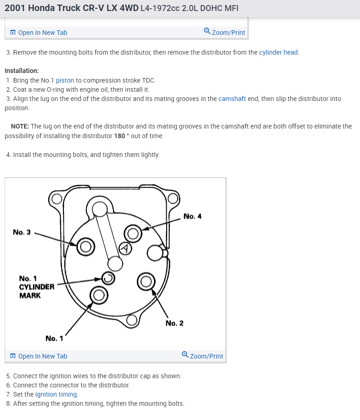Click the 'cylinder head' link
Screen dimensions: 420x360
(x=278, y=52)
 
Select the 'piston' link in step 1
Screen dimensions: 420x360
(x=65, y=80)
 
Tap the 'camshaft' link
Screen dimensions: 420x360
(x=232, y=99)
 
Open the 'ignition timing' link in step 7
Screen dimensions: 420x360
(x=56, y=394)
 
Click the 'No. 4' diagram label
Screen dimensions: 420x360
(x=192, y=216)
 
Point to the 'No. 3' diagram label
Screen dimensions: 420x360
(x=22, y=232)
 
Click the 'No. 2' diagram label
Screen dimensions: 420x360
(x=174, y=323)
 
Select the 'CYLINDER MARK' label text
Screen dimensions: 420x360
(x=37, y=291)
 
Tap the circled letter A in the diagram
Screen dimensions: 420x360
(x=125, y=248)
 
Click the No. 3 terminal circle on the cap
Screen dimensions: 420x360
(x=85, y=246)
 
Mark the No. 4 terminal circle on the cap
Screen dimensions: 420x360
(x=133, y=234)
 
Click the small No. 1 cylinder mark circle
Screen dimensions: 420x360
(x=108, y=277)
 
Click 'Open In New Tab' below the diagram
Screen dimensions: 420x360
(x=42, y=356)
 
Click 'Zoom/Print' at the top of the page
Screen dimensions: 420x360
(x=228, y=32)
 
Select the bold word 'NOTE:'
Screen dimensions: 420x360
(x=20, y=126)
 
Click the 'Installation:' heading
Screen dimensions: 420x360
(x=22, y=71)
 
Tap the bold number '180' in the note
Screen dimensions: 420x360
(x=119, y=136)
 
